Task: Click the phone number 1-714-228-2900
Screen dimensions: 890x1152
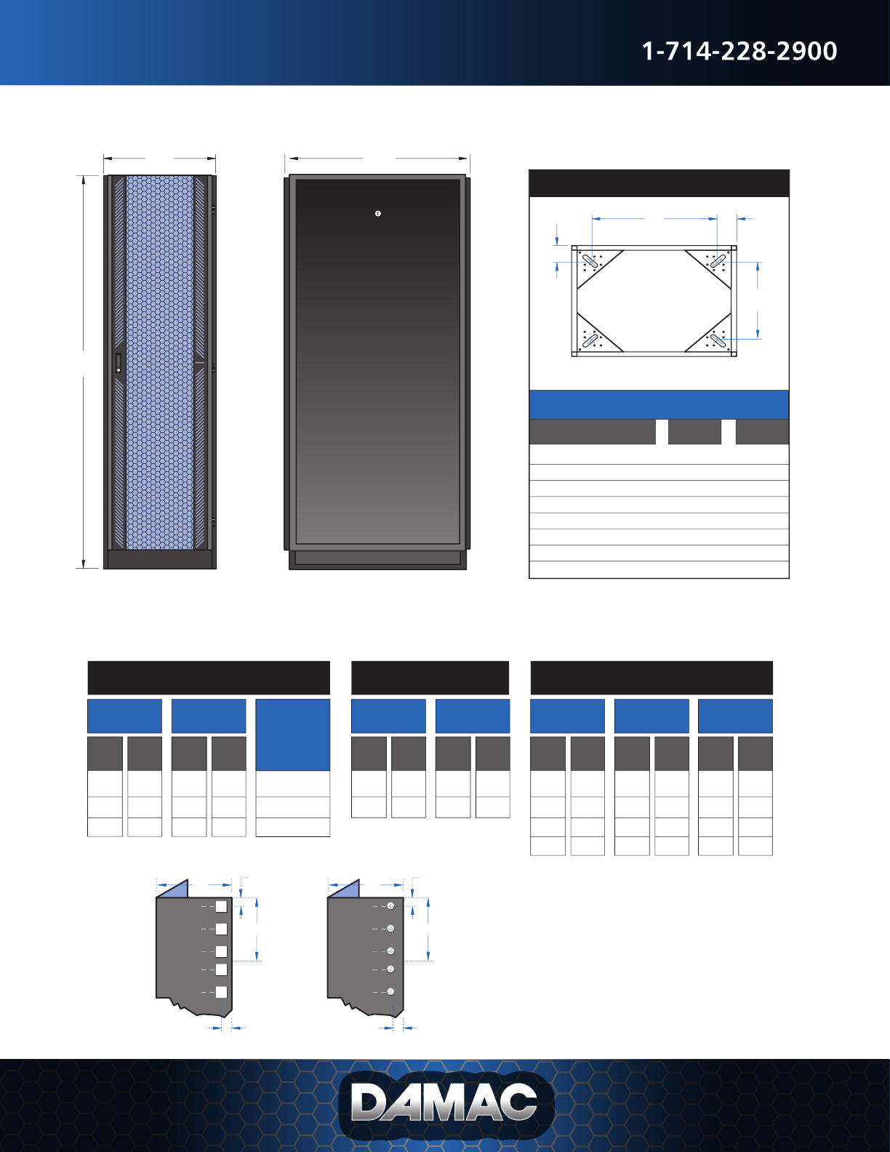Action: coord(739,51)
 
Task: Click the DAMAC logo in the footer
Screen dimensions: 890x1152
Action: coord(445,1103)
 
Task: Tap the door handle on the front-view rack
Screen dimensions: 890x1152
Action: coord(119,363)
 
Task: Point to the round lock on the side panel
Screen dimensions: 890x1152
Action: coord(378,213)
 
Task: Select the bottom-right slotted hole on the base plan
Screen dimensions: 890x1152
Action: coord(718,340)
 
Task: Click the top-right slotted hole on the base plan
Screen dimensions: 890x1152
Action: coord(718,260)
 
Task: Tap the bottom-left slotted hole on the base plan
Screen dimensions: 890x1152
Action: coord(591,340)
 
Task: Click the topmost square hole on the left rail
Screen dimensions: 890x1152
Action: coord(221,906)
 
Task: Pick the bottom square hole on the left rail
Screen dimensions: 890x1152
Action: coord(221,992)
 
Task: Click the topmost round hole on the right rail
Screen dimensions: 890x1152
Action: coord(390,906)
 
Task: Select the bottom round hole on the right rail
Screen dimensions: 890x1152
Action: coord(390,992)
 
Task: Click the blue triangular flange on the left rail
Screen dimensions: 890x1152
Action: coord(175,889)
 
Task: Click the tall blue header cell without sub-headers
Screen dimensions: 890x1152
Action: coord(292,735)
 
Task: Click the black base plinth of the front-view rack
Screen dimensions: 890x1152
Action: coord(160,559)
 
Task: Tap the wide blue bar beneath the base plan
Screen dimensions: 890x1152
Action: coord(659,404)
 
